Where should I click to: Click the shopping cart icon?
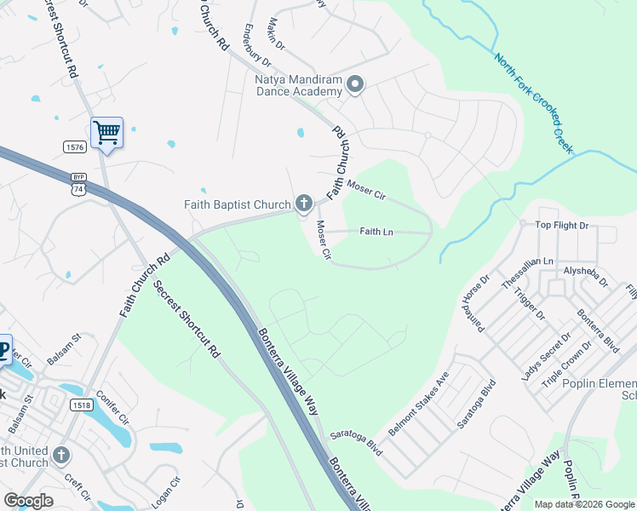pyautogui.click(x=106, y=132)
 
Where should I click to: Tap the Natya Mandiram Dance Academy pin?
pyautogui.click(x=356, y=83)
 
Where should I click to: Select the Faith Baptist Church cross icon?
pyautogui.click(x=303, y=203)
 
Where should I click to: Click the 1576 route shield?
pyautogui.click(x=75, y=147)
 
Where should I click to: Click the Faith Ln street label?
pyautogui.click(x=376, y=232)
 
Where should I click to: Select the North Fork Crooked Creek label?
pyautogui.click(x=535, y=103)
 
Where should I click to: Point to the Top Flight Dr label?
pyautogui.click(x=561, y=226)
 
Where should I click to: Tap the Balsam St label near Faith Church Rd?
pyautogui.click(x=63, y=348)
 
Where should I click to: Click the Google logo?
pyautogui.click(x=28, y=502)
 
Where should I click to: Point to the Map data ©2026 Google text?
pyautogui.click(x=583, y=504)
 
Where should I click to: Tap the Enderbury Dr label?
pyautogui.click(x=255, y=48)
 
